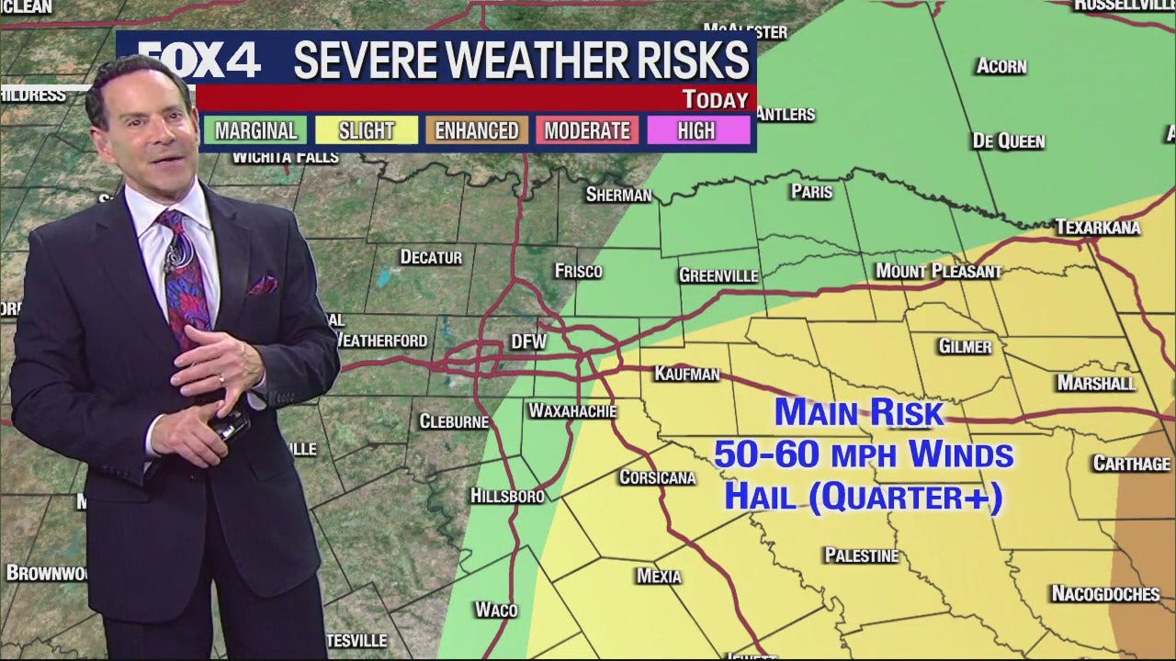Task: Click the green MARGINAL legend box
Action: (255, 131)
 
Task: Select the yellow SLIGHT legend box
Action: (366, 131)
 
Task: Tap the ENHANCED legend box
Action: (477, 131)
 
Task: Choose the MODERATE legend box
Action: (587, 131)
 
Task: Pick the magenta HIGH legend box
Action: (696, 131)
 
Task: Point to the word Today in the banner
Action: (716, 100)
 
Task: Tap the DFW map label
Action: (528, 342)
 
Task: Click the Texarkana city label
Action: (1097, 227)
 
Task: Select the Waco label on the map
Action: (496, 610)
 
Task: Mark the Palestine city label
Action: (861, 555)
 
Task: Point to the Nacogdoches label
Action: (1105, 594)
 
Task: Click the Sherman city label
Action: (618, 195)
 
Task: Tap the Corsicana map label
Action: (657, 477)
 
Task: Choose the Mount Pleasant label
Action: (937, 271)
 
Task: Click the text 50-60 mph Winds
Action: (864, 454)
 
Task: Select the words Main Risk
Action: (859, 412)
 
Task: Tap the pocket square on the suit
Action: (263, 285)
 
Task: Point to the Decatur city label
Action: (431, 257)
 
